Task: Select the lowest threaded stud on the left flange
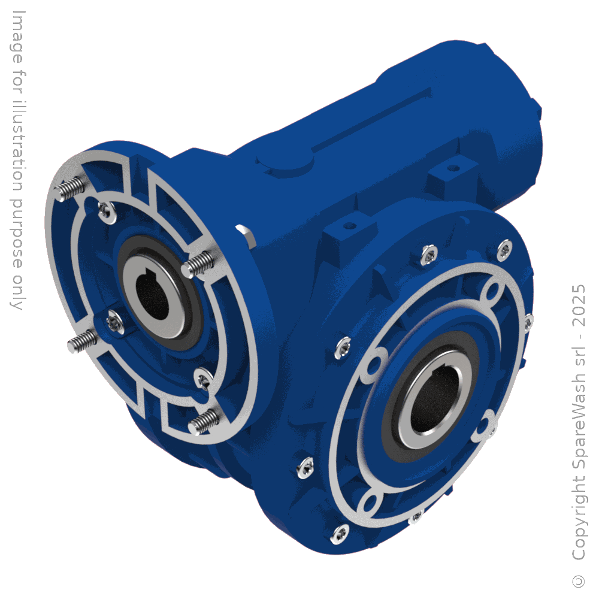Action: point(202,422)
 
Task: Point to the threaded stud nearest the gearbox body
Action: point(199,264)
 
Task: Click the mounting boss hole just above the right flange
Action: point(350,226)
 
